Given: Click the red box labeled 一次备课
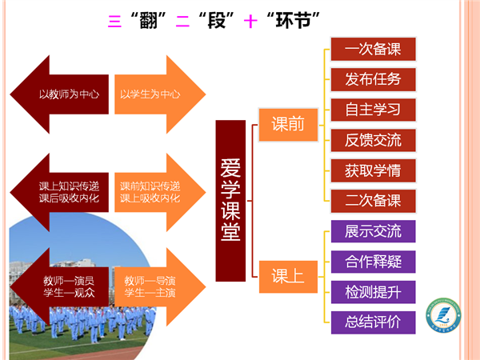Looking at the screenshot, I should (x=373, y=49).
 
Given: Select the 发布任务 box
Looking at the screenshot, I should (x=373, y=79).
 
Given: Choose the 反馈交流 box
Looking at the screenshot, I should (x=373, y=139).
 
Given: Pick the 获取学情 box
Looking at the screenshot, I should (x=373, y=170).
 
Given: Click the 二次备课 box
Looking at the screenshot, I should (x=373, y=200).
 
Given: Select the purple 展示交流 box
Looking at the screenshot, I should (x=373, y=232).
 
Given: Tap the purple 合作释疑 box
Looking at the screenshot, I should (x=373, y=262).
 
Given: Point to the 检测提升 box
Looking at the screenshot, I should (x=373, y=292).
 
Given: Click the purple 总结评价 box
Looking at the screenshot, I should (x=373, y=322).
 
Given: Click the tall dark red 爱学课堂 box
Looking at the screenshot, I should (x=230, y=199).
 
